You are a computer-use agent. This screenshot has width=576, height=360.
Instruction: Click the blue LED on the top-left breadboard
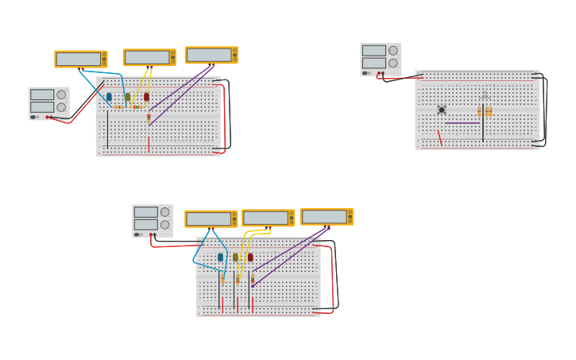click(x=109, y=97)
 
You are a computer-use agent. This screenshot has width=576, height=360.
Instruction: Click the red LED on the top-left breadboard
click(x=146, y=97)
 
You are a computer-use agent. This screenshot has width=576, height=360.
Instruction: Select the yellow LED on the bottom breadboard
click(x=235, y=257)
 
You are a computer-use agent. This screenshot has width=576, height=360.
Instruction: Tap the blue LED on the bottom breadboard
click(x=220, y=257)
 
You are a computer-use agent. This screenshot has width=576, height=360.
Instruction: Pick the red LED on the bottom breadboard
click(x=250, y=257)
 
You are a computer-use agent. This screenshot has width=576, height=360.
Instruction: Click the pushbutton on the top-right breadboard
click(x=442, y=110)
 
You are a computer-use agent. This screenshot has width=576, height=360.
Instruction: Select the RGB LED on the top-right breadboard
click(x=484, y=97)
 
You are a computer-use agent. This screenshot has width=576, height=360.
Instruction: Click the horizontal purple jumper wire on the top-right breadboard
click(x=462, y=123)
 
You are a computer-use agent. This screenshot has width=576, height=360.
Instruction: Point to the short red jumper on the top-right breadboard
click(x=439, y=138)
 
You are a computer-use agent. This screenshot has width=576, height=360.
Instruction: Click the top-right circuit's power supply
click(x=381, y=59)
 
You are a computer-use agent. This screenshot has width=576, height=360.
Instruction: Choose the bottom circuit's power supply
click(x=152, y=220)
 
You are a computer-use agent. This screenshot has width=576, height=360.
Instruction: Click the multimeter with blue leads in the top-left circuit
click(x=80, y=59)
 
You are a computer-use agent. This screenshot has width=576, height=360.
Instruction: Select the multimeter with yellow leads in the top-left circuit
click(x=149, y=57)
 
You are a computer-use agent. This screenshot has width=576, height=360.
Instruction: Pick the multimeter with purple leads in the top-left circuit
click(x=211, y=55)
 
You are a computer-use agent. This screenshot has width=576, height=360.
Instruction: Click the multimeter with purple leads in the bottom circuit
click(x=327, y=216)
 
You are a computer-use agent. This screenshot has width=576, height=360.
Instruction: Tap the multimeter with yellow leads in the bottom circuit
click(x=269, y=218)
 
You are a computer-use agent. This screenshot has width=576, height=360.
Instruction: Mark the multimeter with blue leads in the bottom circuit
click(x=211, y=219)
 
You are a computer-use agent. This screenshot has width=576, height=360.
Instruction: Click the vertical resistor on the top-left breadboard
click(x=149, y=118)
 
